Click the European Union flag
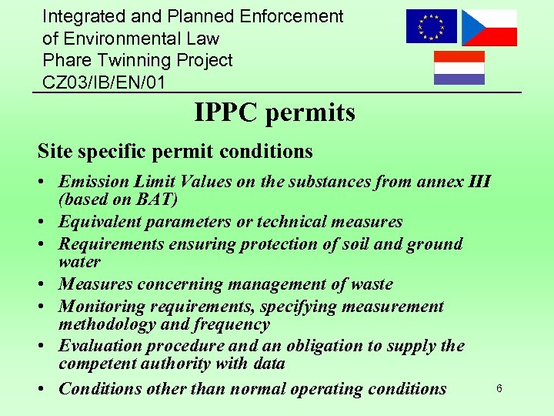[432, 27]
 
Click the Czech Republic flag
[489, 28]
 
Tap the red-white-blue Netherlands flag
[459, 68]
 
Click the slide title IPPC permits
[275, 113]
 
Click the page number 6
[499, 388]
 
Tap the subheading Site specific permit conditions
[175, 151]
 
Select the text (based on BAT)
[118, 200]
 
